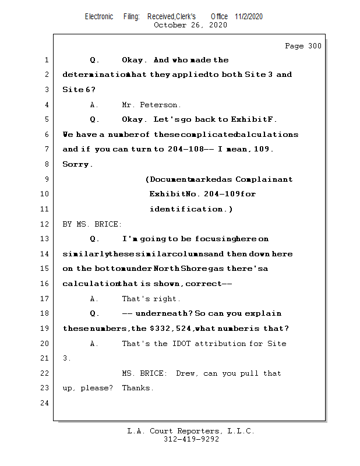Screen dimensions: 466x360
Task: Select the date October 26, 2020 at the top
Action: pos(190,25)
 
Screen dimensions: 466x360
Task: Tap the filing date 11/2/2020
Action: pos(249,16)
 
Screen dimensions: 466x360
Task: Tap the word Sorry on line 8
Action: pos(77,164)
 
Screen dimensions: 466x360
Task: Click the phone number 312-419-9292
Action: pos(191,439)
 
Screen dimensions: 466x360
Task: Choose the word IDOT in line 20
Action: pos(181,344)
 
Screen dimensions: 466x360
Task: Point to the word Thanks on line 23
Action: pos(137,388)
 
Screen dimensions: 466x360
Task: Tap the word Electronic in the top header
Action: pos(99,16)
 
